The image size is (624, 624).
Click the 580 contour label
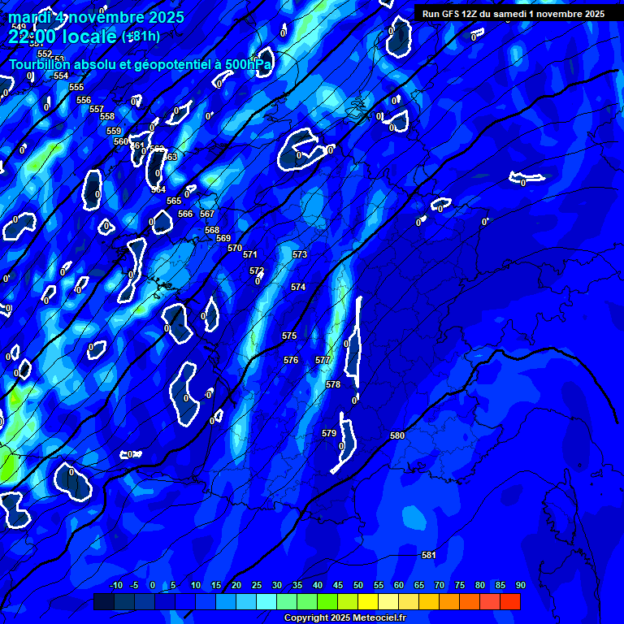tap(397, 436)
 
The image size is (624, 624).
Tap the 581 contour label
tap(429, 555)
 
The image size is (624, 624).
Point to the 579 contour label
tap(329, 433)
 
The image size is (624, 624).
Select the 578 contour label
tap(333, 384)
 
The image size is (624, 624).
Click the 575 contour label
tap(289, 336)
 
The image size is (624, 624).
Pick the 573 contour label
tap(300, 254)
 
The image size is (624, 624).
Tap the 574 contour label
tap(298, 287)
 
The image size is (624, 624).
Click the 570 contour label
tap(235, 248)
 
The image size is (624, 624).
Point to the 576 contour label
tap(291, 360)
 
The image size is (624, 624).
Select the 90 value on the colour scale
tap(520, 585)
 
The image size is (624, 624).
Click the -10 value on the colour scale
tap(115, 585)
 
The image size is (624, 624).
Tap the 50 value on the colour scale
tap(358, 585)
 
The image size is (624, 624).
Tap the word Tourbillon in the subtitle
tap(42, 64)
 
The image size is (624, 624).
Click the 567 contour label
tap(207, 214)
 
